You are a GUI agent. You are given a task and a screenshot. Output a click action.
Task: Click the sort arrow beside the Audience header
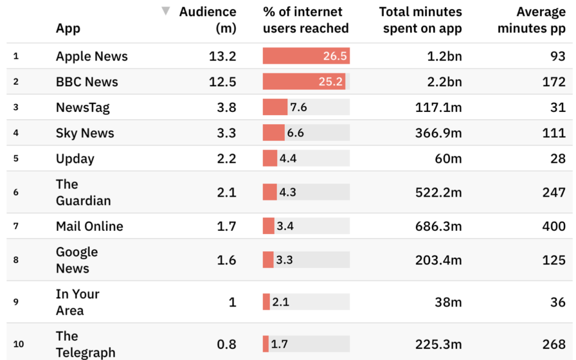click(x=166, y=11)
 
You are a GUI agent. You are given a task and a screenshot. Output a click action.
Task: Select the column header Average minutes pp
click(x=531, y=20)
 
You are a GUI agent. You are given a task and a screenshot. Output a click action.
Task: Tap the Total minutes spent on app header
click(x=420, y=20)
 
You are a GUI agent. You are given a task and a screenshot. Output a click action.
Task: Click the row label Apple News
click(x=92, y=56)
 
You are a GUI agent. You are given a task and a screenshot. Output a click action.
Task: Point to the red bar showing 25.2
click(x=304, y=82)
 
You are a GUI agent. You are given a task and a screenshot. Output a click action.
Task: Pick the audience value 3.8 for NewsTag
click(x=226, y=107)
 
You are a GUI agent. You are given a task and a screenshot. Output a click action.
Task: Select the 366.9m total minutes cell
click(x=438, y=133)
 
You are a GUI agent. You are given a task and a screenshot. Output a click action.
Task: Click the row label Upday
click(x=75, y=158)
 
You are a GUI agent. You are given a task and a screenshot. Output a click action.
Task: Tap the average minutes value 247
click(x=554, y=193)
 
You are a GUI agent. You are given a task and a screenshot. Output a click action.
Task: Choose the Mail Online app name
click(x=90, y=226)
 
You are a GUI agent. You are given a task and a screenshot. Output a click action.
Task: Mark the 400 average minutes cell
click(x=554, y=226)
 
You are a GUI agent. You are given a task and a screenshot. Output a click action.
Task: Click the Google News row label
click(x=77, y=260)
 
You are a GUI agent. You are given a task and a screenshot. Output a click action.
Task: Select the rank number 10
click(x=19, y=344)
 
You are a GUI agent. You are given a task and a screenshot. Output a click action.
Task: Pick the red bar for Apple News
click(x=306, y=56)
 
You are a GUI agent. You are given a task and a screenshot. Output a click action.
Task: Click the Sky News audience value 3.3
click(x=226, y=133)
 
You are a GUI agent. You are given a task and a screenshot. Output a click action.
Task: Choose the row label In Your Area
click(x=77, y=302)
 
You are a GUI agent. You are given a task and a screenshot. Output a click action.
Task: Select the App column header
click(x=68, y=28)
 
